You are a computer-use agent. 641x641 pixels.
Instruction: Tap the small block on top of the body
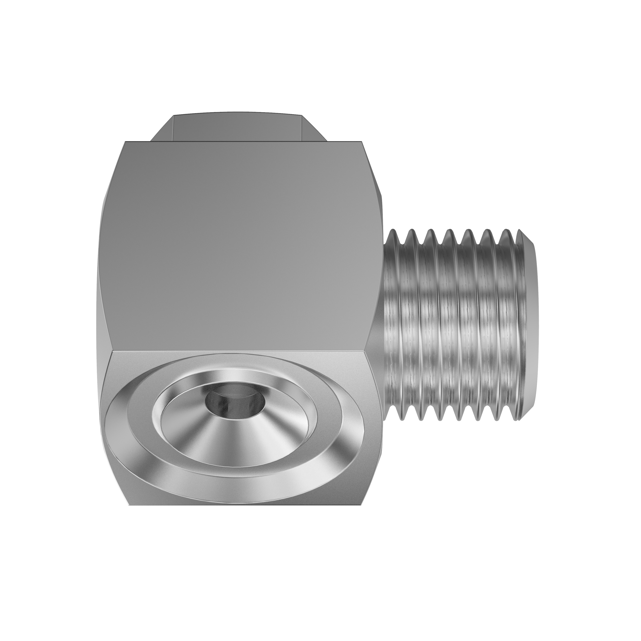click(237, 128)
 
